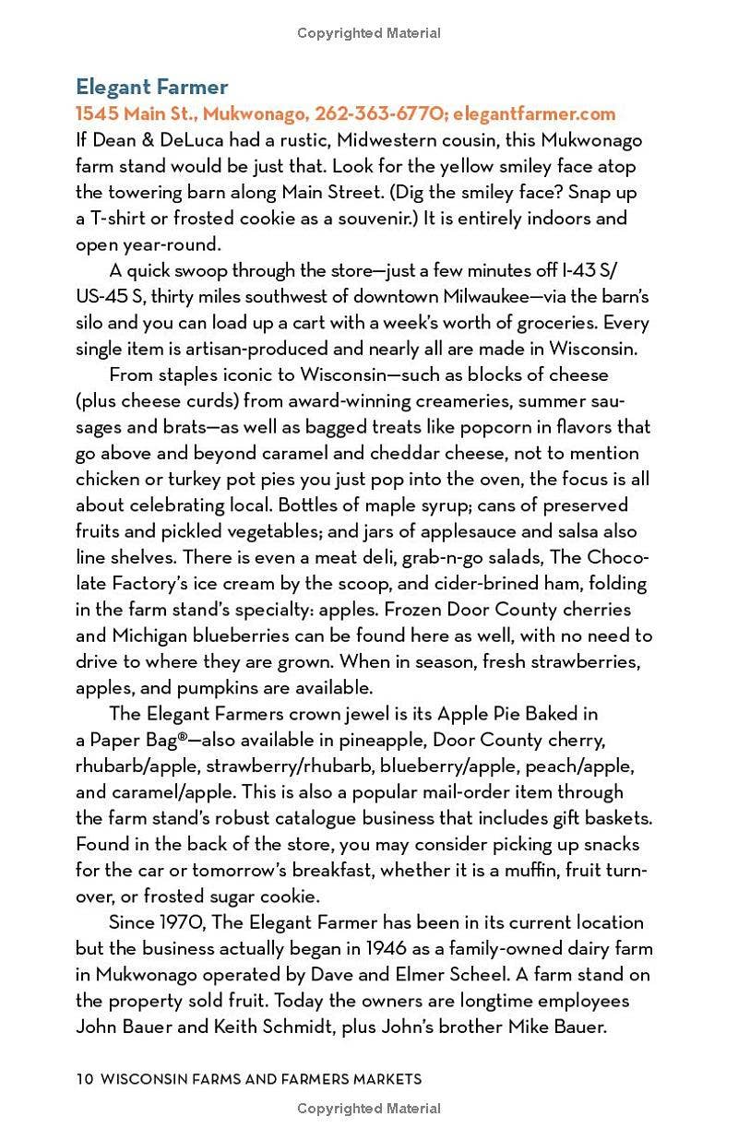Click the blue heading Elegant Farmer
(151, 88)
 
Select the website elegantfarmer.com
(534, 114)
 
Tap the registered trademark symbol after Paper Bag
(181, 738)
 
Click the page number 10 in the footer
(84, 1079)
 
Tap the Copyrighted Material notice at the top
(369, 33)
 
